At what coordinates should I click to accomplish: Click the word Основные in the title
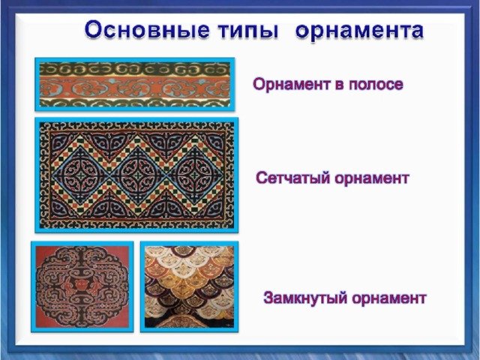pos(147,29)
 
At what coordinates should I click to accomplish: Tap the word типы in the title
pos(248,31)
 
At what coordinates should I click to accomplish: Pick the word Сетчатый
pos(293,178)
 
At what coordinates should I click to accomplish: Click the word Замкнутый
pos(305,298)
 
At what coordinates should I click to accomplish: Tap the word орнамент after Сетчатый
pos(372,178)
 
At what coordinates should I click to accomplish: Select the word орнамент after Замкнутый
pos(388,298)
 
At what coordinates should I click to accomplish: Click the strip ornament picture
pos(135,84)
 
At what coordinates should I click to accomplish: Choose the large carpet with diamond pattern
pos(136,175)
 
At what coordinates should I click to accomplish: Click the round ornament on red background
pos(82,286)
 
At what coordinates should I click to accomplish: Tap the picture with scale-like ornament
pos(189,286)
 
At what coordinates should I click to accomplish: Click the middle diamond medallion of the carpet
pos(138,175)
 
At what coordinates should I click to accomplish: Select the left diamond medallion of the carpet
pos(81,175)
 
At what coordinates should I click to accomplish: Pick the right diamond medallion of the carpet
pos(195,175)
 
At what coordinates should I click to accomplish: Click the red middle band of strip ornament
pos(135,87)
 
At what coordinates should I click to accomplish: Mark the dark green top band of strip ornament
pos(135,69)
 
